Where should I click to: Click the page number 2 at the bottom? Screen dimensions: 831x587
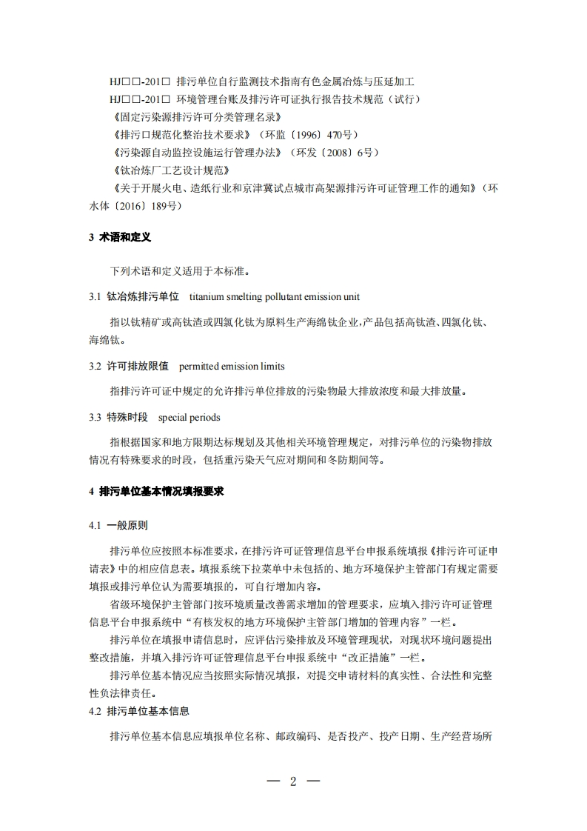(x=293, y=782)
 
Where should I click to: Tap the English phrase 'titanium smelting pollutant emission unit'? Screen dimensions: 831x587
(x=275, y=297)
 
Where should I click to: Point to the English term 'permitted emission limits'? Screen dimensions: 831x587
(x=232, y=366)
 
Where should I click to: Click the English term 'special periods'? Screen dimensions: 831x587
(x=189, y=418)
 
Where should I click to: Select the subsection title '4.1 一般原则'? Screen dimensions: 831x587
(x=118, y=525)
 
